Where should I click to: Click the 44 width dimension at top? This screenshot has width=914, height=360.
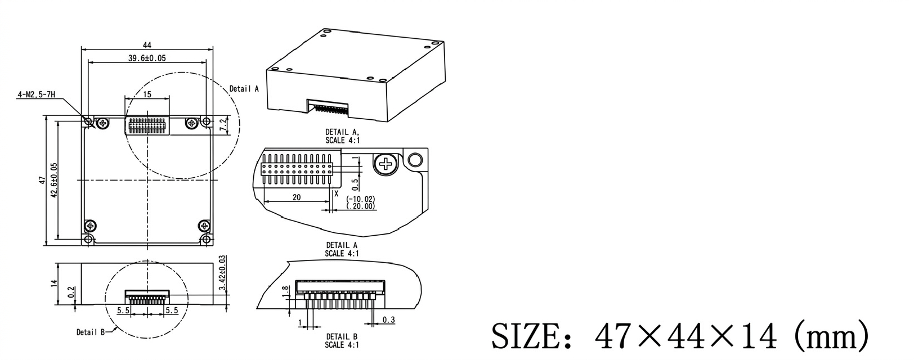[147, 45]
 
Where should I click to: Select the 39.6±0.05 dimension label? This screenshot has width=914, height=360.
[147, 58]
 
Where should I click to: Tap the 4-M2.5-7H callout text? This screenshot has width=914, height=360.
[36, 95]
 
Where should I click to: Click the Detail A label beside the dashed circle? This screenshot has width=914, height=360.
[244, 89]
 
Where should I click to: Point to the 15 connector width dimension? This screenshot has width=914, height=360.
[147, 94]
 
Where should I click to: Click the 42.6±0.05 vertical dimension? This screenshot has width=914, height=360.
[54, 180]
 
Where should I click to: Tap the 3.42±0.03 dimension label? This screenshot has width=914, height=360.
[223, 273]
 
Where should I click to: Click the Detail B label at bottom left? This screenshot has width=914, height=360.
[91, 332]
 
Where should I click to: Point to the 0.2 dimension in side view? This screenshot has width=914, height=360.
[71, 292]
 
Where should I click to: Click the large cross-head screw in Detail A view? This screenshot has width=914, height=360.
[386, 164]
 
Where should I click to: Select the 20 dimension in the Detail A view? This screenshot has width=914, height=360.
[297, 197]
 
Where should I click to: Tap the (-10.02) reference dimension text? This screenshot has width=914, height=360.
[361, 199]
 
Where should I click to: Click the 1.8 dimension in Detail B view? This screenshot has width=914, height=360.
[285, 290]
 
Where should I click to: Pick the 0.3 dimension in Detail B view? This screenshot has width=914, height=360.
[388, 320]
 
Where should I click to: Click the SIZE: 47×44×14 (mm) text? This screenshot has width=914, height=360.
[680, 337]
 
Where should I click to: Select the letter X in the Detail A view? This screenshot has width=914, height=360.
[337, 193]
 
